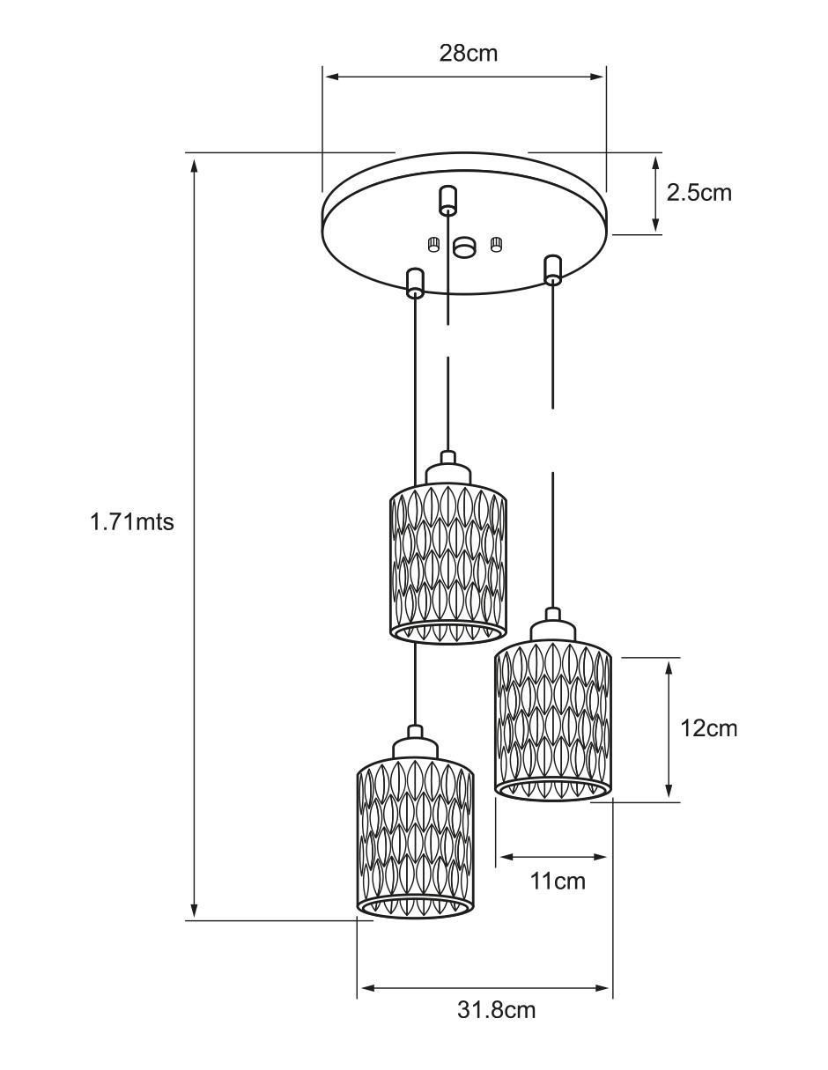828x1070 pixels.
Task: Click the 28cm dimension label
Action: click(x=468, y=53)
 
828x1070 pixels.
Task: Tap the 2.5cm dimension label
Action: click(x=699, y=193)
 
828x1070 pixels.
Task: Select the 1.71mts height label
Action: click(x=132, y=521)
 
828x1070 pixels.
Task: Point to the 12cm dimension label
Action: click(x=708, y=728)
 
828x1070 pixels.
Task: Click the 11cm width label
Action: click(x=558, y=881)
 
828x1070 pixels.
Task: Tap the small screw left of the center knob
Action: click(x=432, y=244)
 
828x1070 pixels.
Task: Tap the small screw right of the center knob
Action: click(x=496, y=244)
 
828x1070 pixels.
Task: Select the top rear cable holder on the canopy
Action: click(x=447, y=201)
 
